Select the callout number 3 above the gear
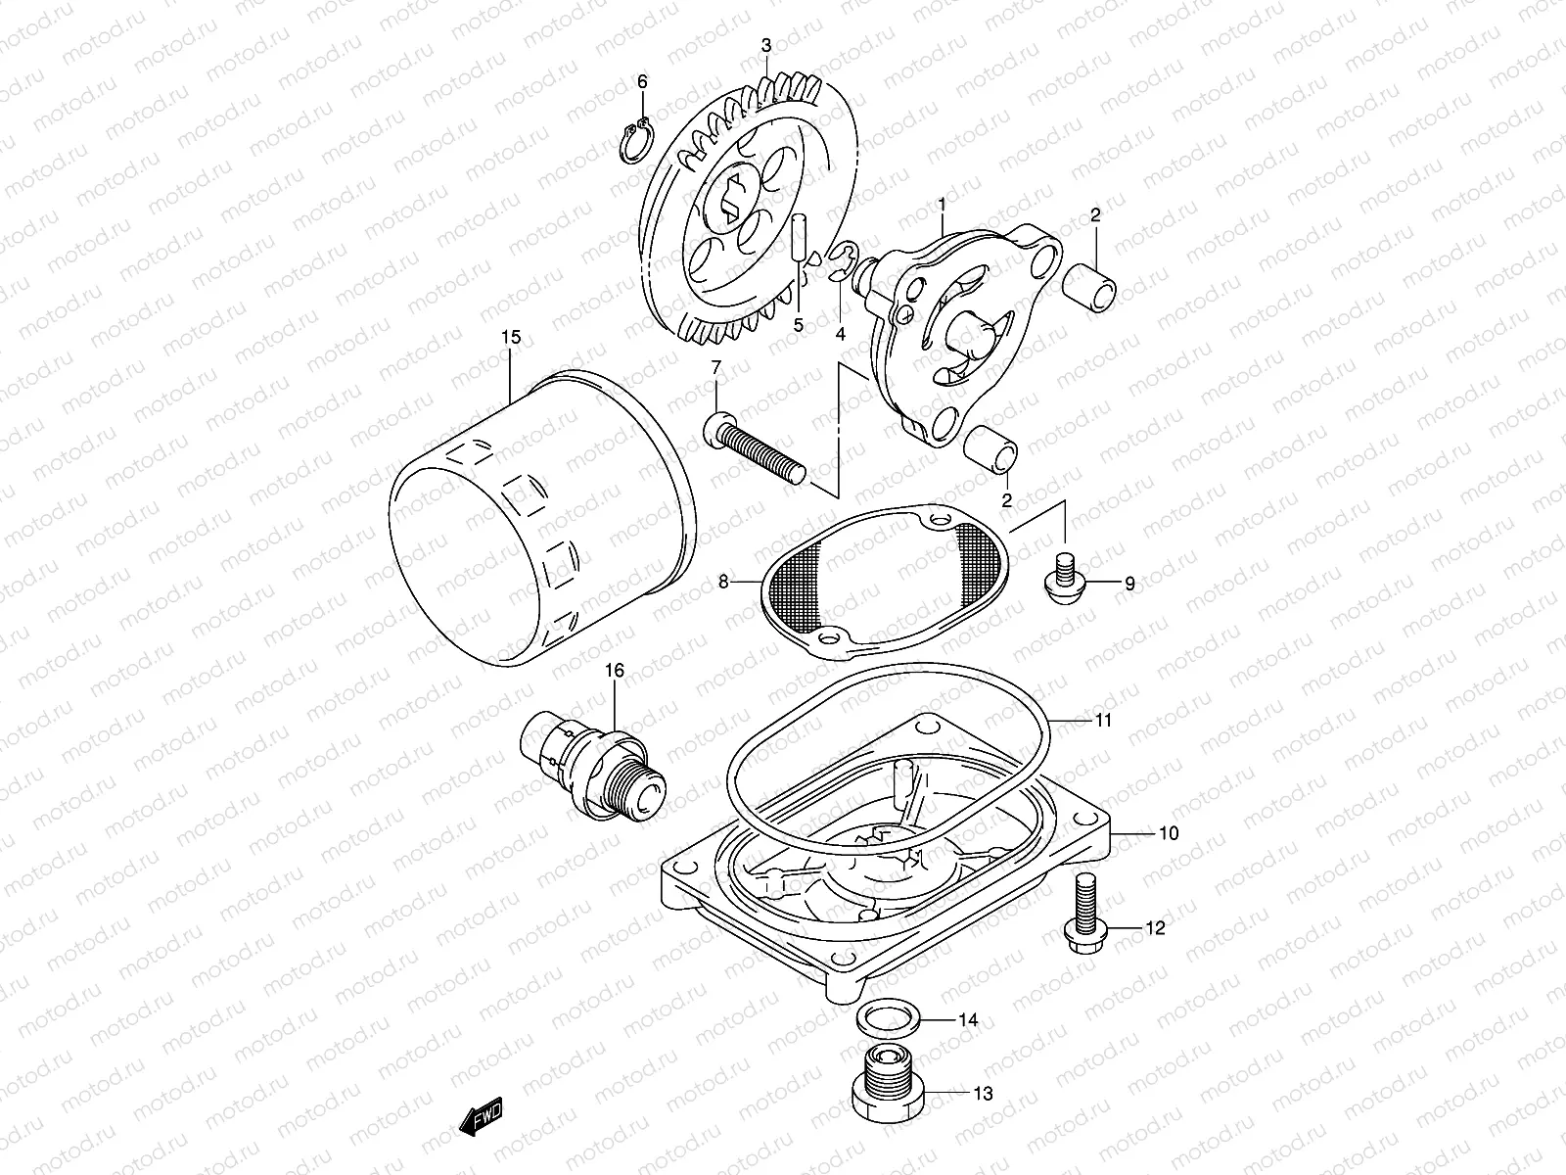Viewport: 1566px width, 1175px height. [x=766, y=45]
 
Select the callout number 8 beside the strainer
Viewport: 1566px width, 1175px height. [x=723, y=582]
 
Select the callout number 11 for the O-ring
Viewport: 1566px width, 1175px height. [x=1104, y=721]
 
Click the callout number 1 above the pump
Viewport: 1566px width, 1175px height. [x=942, y=204]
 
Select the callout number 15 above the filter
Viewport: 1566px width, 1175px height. [x=510, y=338]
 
